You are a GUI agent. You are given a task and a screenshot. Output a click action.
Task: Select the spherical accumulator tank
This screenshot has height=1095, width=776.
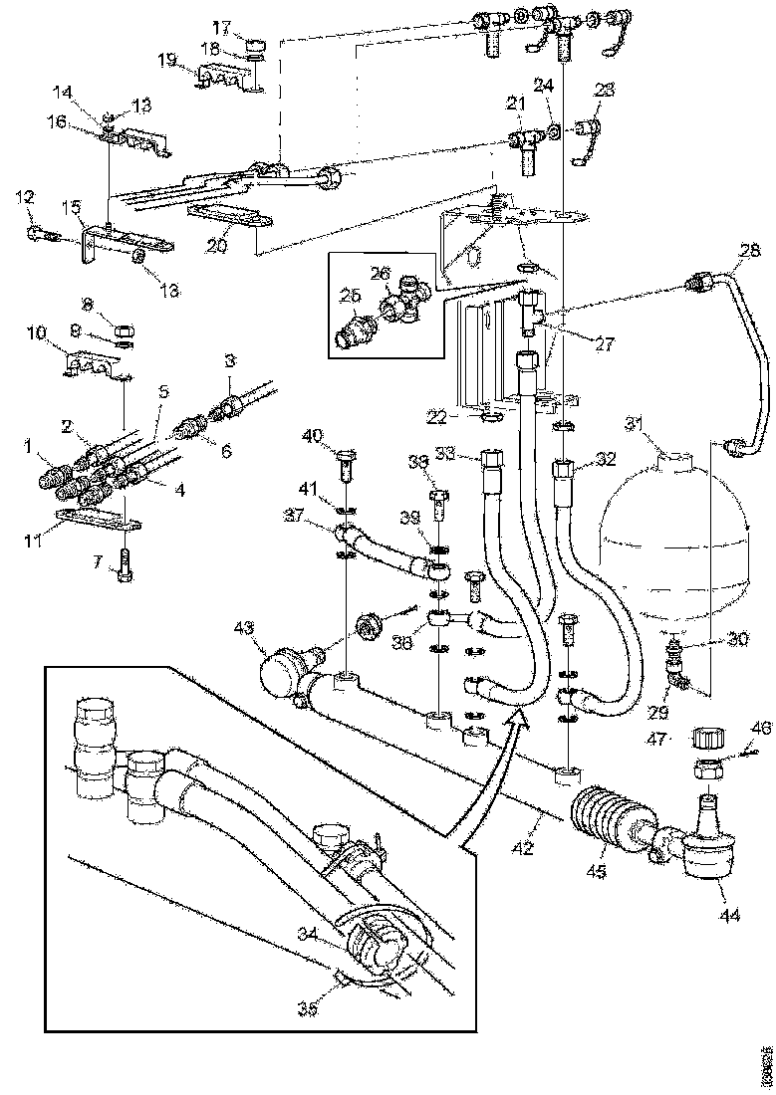tap(675, 538)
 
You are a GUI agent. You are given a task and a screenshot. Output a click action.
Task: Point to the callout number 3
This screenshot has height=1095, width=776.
tap(230, 360)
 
